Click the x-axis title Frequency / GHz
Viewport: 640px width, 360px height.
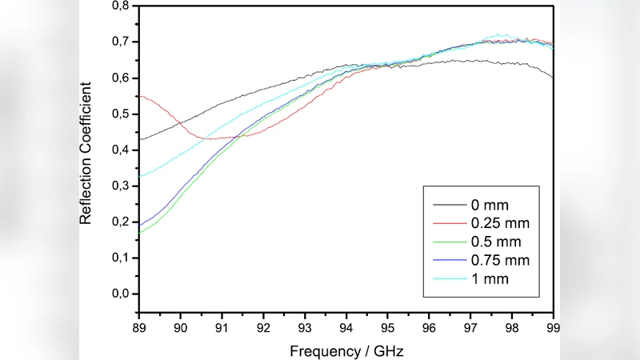coord(346,350)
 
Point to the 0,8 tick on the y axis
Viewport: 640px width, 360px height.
coord(119,6)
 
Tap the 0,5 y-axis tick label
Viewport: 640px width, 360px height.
coord(119,114)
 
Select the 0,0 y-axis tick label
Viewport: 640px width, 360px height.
coord(119,294)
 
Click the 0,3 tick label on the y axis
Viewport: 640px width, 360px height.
coord(119,186)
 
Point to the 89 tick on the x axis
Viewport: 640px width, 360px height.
coord(139,326)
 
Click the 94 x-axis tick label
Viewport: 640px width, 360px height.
coord(346,326)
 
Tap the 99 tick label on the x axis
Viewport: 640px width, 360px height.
coord(553,326)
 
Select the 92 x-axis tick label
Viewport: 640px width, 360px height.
coord(263,326)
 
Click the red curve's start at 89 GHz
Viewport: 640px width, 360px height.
coord(140,96)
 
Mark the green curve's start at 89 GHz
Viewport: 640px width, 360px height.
coord(140,232)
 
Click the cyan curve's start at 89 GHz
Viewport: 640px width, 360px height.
coord(140,176)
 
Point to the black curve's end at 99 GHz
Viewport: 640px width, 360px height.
coord(552,77)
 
